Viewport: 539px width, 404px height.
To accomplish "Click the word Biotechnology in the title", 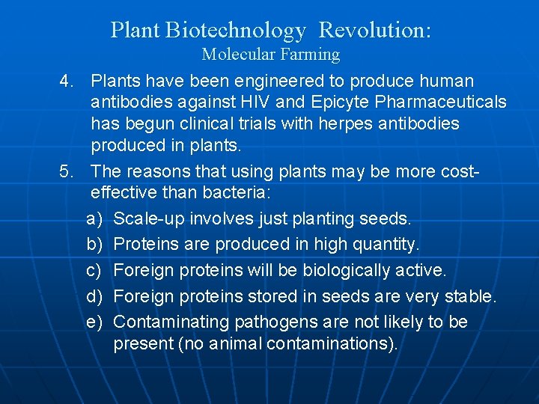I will point(236,31).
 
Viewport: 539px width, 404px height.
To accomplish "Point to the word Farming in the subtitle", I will point(310,55).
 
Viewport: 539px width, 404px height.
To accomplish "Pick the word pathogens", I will point(271,322).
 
